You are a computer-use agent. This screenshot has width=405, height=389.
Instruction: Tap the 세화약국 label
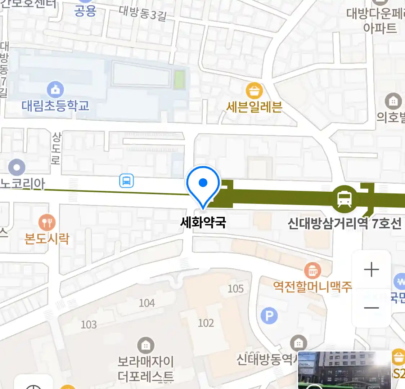click(x=203, y=222)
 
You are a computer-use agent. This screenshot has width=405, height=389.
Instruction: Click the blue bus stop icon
click(x=126, y=180)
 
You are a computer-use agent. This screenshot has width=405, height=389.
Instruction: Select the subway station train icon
click(x=345, y=198)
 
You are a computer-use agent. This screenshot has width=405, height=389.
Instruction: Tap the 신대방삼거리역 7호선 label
click(x=345, y=223)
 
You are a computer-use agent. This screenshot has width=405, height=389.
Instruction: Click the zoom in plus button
click(x=372, y=269)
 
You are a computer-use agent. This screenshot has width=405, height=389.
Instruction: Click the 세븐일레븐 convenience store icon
click(x=254, y=91)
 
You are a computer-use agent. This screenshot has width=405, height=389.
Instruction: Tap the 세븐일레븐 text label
click(x=254, y=107)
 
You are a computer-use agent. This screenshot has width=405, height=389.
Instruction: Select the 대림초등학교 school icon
click(x=55, y=89)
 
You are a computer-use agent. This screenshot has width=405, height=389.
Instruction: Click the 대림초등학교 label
click(x=55, y=106)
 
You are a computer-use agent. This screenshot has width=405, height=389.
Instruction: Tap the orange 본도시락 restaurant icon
click(x=47, y=223)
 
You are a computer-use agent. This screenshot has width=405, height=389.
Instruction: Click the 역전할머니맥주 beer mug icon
click(x=312, y=270)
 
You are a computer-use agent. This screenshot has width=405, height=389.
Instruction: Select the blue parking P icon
click(x=269, y=316)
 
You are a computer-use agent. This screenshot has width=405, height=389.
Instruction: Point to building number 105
click(x=236, y=289)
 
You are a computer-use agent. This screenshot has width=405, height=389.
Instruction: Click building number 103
click(x=89, y=325)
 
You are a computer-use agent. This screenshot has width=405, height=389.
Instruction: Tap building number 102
click(x=206, y=323)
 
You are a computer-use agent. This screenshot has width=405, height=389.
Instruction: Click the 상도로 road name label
click(x=56, y=148)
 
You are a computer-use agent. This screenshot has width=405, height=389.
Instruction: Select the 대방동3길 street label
click(x=142, y=14)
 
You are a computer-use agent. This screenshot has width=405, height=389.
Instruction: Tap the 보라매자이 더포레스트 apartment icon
click(x=145, y=346)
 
